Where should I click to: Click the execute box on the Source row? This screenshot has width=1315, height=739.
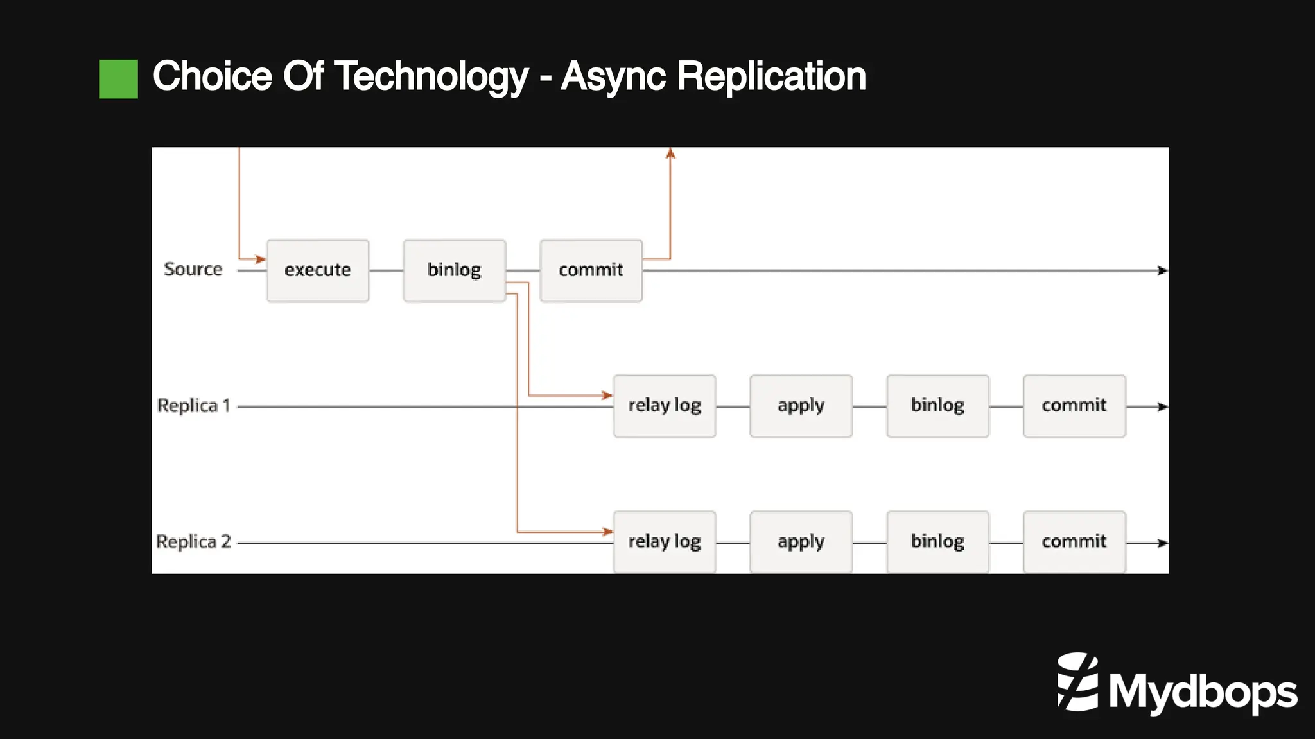pyautogui.click(x=318, y=270)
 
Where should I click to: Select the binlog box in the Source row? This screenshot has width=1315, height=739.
pyautogui.click(x=454, y=270)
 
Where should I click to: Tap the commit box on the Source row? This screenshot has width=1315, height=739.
pyautogui.click(x=591, y=270)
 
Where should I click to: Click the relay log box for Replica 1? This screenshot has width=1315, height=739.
pyautogui.click(x=665, y=406)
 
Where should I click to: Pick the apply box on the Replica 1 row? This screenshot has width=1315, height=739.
pyautogui.click(x=801, y=406)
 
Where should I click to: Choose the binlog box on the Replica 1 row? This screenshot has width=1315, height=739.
pyautogui.click(x=937, y=406)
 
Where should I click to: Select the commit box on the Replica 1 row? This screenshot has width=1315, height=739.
pyautogui.click(x=1074, y=406)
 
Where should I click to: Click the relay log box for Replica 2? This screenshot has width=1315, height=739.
pyautogui.click(x=665, y=542)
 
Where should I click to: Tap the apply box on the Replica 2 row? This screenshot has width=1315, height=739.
pyautogui.click(x=801, y=542)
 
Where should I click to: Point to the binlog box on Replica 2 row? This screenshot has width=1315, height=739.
pyautogui.click(x=937, y=542)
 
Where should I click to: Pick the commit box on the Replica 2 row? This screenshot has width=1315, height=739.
pyautogui.click(x=1074, y=542)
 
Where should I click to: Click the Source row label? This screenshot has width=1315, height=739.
pyautogui.click(x=193, y=269)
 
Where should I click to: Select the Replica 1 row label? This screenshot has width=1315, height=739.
pyautogui.click(x=193, y=406)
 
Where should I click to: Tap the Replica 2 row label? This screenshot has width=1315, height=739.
pyautogui.click(x=193, y=542)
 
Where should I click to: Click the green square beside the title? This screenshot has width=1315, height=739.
pyautogui.click(x=118, y=79)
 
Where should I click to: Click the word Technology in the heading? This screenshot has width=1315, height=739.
pyautogui.click(x=431, y=77)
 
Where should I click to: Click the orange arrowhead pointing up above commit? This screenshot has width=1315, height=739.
pyautogui.click(x=670, y=153)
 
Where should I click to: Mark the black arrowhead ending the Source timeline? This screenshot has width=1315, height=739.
pyautogui.click(x=1162, y=271)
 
